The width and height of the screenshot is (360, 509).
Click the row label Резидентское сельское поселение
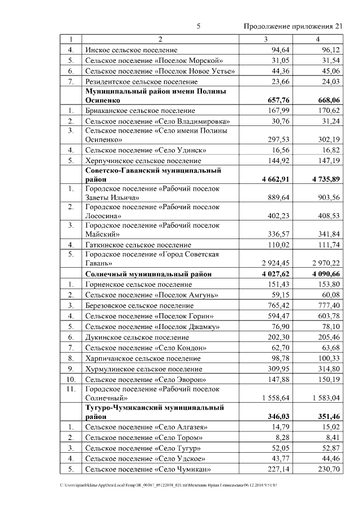[x=141, y=82]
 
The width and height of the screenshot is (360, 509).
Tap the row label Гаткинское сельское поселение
[x=138, y=245]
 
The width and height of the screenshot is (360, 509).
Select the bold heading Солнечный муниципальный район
[x=148, y=274]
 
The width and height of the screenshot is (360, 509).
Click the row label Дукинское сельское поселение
[x=136, y=337]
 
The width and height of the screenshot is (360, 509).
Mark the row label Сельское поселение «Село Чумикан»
[x=147, y=469]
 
